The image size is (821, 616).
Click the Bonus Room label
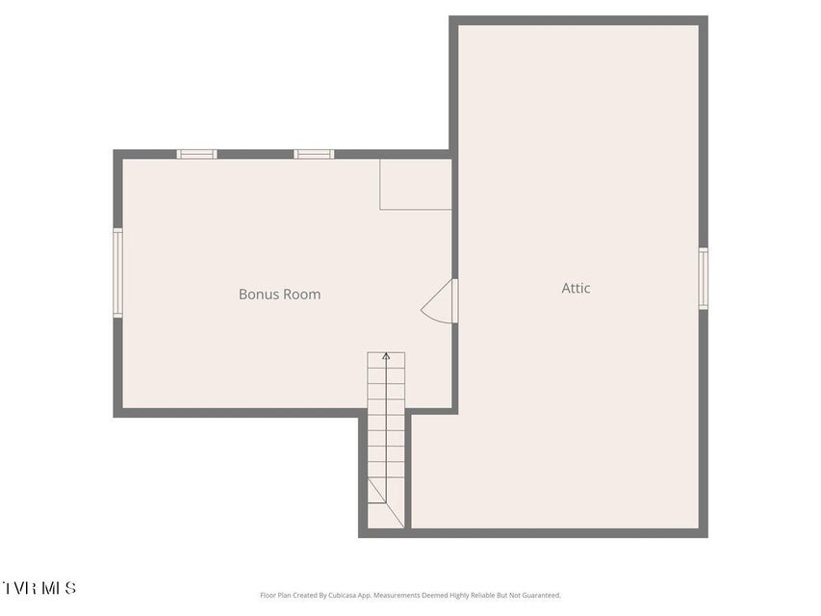point(279,295)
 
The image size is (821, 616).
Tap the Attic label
point(576,288)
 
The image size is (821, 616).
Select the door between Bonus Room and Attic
point(454,300)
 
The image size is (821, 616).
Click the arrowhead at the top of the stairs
point(386,356)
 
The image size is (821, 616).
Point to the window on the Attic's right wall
point(704,279)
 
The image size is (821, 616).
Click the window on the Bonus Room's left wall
point(117,272)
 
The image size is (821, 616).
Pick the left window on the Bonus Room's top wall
point(196,154)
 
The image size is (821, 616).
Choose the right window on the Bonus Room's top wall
point(314,154)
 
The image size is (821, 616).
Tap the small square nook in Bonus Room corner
point(416,185)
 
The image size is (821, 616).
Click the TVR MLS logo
point(39,588)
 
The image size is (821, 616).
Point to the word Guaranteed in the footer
point(544,595)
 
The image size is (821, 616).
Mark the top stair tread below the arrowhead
point(386,360)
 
